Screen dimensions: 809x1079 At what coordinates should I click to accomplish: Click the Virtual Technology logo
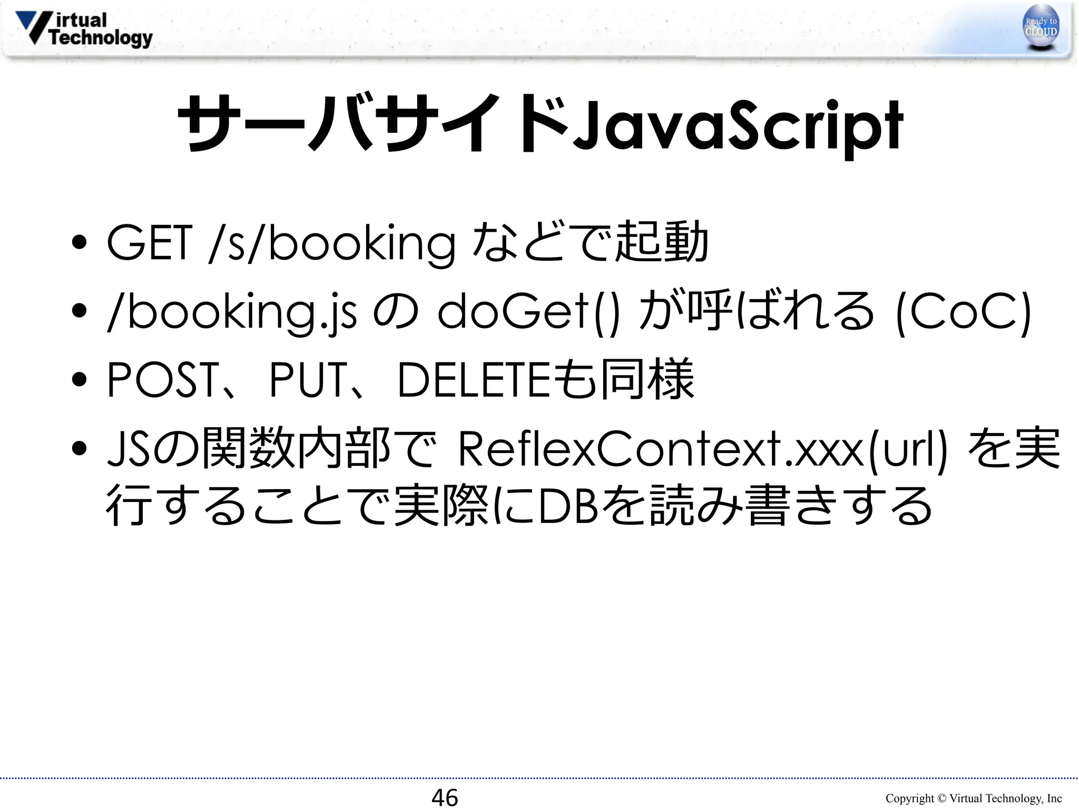coord(84,29)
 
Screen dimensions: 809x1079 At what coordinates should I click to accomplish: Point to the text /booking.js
coord(232,312)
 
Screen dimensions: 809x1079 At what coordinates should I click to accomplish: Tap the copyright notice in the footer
coord(973,798)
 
